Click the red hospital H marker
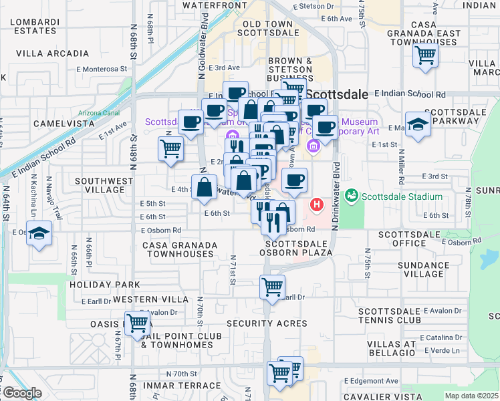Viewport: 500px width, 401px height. click(317, 204)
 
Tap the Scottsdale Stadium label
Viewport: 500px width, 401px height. click(402, 196)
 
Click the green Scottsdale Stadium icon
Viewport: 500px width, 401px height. click(353, 196)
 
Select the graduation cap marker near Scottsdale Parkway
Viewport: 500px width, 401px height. click(418, 124)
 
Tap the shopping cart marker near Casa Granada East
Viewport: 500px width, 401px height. click(425, 55)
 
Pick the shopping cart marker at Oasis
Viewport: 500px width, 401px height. click(138, 323)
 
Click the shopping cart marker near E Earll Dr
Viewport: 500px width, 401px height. click(272, 287)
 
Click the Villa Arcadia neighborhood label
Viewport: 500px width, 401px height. click(52, 53)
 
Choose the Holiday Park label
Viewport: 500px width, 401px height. click(99, 285)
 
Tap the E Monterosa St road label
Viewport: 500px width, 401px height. click(96, 69)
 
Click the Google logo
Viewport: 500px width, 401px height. click(22, 393)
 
